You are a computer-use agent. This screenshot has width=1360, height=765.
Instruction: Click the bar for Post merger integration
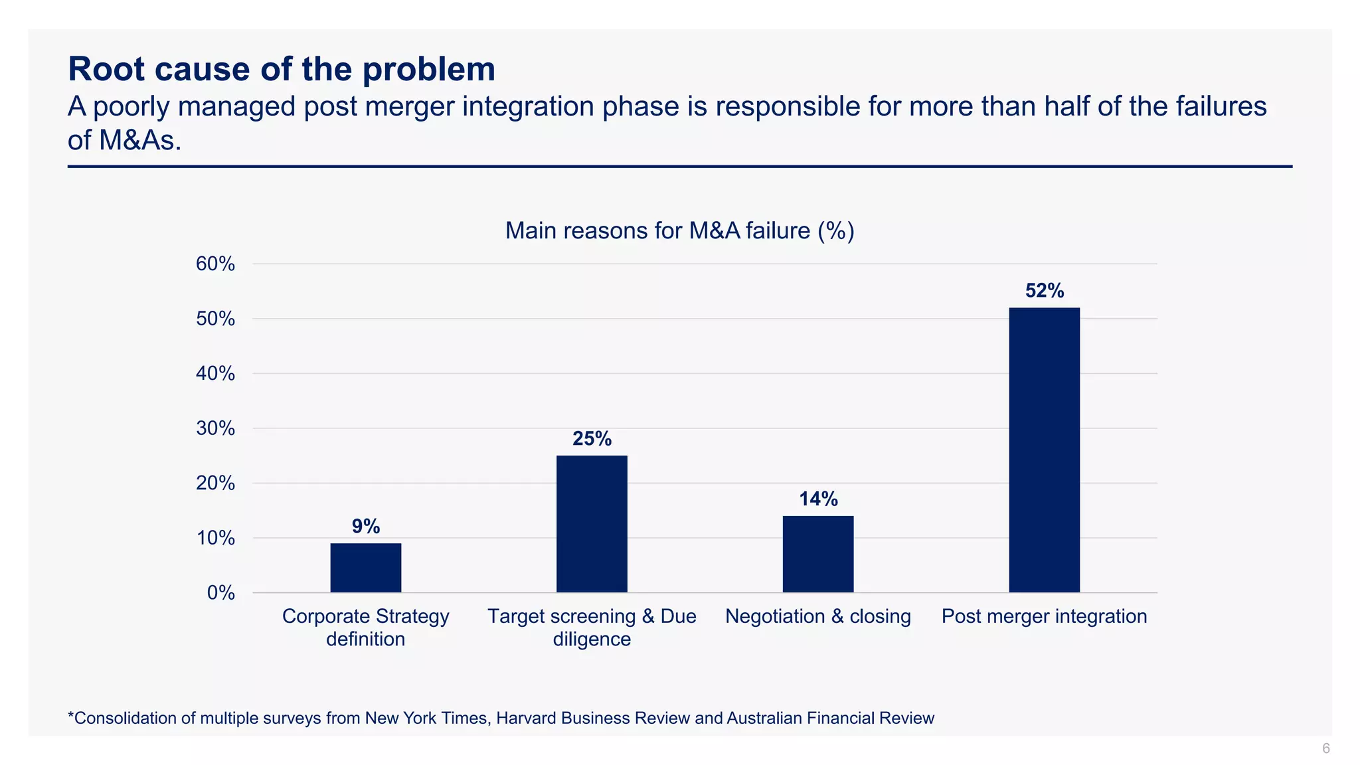1044,450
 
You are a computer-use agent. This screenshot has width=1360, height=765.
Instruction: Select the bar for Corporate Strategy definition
365,568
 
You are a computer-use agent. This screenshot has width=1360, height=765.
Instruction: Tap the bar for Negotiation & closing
817,554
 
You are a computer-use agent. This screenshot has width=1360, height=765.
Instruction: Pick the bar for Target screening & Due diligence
592,524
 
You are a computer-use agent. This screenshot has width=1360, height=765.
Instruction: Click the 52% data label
1045,291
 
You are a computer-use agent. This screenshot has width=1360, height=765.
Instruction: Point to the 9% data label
366,527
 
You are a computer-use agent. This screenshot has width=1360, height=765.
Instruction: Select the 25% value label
592,439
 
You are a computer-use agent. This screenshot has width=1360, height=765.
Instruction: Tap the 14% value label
818,499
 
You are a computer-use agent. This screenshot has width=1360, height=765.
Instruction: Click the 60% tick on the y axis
215,264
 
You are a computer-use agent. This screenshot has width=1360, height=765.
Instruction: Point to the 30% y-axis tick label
215,428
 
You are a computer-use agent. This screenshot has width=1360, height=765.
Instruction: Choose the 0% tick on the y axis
220,593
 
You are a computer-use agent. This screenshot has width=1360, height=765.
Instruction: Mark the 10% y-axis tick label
215,538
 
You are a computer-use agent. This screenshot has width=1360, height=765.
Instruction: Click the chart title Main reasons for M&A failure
679,231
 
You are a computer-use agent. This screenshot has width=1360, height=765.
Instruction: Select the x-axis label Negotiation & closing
817,616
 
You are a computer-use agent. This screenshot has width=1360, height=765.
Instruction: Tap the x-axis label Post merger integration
1044,616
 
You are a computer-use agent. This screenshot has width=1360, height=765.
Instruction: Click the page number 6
1325,748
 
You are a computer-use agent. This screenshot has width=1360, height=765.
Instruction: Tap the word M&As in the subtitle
139,141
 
